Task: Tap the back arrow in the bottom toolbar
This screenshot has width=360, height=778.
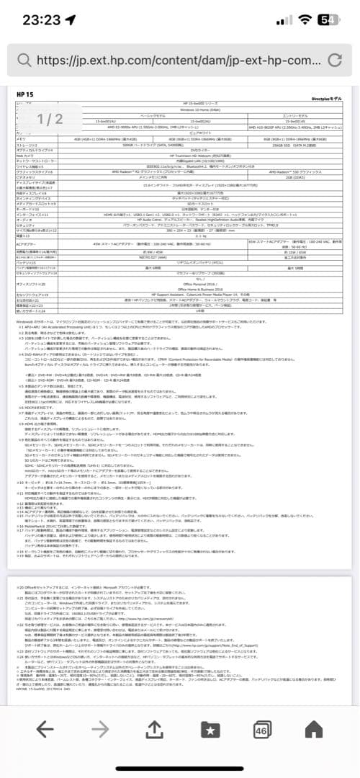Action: (x=45, y=729)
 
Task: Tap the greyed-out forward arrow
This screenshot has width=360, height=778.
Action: (x=100, y=729)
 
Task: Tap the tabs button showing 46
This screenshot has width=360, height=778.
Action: (x=261, y=729)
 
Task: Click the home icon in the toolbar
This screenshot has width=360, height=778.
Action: (x=315, y=729)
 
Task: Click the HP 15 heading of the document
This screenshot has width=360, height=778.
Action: (x=26, y=95)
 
